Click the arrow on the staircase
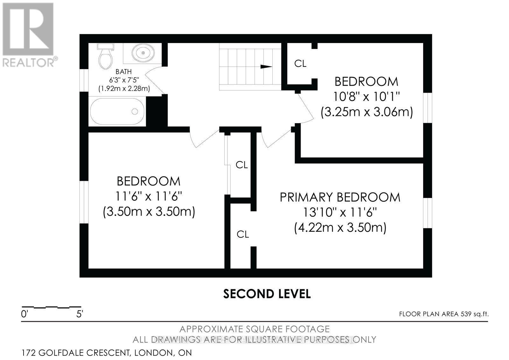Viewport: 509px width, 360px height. (x=266, y=67)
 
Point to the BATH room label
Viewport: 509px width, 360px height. (x=123, y=72)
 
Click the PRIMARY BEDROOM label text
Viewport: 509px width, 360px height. (x=340, y=197)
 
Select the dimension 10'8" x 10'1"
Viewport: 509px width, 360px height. (x=366, y=96)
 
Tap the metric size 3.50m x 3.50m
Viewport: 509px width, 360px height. (x=149, y=212)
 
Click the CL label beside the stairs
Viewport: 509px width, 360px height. (x=300, y=64)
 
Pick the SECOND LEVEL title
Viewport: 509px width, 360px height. (x=267, y=294)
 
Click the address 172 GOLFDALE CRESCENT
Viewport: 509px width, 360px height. (x=107, y=353)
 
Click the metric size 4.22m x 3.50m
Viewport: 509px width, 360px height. (x=340, y=228)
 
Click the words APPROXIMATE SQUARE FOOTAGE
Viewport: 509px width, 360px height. (x=254, y=329)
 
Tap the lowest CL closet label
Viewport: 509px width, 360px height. (x=242, y=235)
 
